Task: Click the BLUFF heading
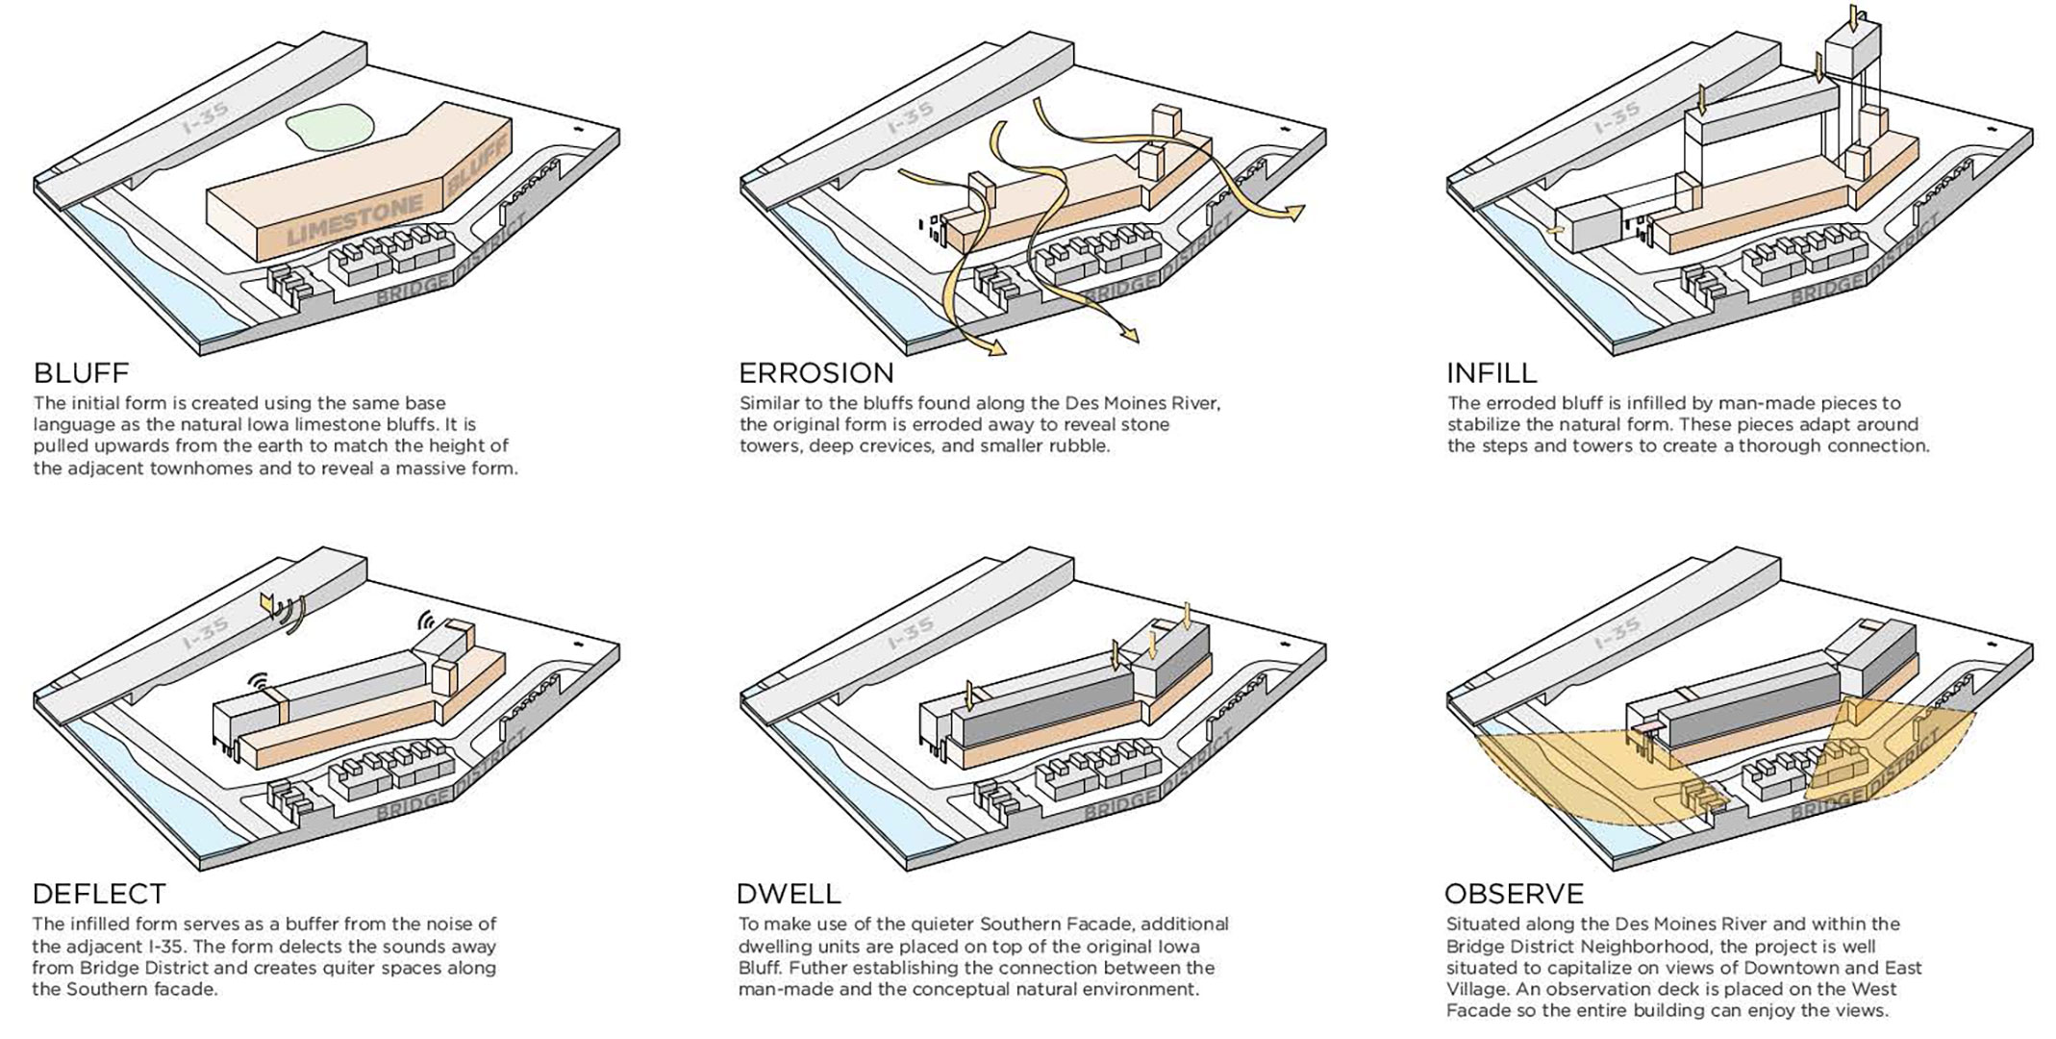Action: (x=81, y=372)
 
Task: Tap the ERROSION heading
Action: (x=815, y=372)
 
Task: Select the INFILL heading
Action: (x=1492, y=372)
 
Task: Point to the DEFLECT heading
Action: (x=99, y=894)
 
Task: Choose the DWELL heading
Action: (x=788, y=894)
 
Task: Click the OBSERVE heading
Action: (x=1514, y=894)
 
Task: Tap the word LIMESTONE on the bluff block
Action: (x=355, y=218)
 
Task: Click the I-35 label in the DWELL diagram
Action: (x=911, y=635)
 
